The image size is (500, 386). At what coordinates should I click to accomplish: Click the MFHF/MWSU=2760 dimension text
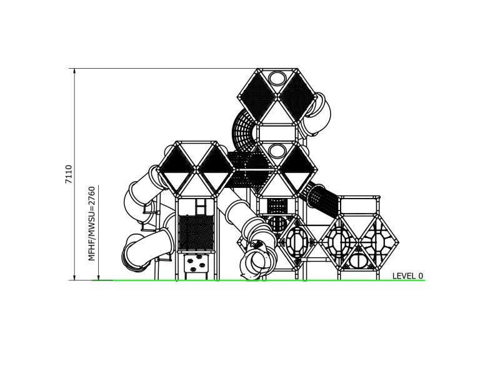click(91, 223)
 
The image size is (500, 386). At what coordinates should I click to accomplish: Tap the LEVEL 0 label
click(407, 275)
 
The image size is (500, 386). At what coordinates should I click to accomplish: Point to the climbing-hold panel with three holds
click(196, 264)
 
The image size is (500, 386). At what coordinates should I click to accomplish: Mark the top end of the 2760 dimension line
click(99, 184)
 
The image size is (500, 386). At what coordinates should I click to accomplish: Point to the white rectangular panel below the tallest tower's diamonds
click(276, 132)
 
